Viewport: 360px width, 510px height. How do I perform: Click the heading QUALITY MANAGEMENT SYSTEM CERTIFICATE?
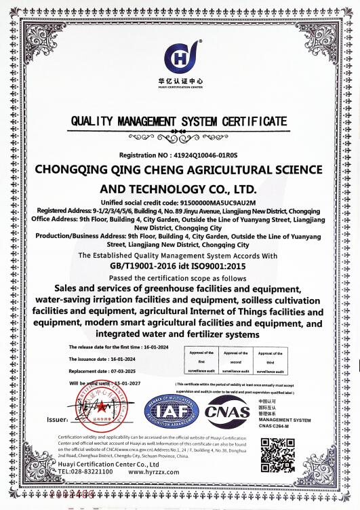179,121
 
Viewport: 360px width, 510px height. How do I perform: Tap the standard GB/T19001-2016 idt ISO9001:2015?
179,267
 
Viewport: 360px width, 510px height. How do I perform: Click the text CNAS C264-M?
275,425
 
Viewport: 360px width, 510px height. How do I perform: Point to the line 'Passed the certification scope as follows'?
180,278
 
